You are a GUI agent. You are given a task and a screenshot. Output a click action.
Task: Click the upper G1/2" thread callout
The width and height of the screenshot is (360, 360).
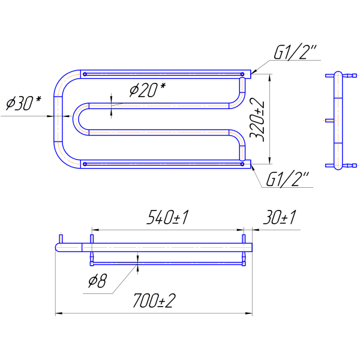click(295, 52)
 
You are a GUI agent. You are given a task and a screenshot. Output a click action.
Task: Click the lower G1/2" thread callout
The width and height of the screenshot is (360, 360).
click(287, 179)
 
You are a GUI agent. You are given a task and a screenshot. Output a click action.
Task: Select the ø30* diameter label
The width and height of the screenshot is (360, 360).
click(23, 103)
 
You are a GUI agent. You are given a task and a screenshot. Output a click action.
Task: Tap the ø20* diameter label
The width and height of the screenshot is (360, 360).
click(148, 90)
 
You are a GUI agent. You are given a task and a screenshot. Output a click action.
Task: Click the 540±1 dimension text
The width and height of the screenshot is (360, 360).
click(167, 217)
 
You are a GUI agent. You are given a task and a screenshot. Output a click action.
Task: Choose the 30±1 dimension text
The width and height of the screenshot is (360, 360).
click(280, 217)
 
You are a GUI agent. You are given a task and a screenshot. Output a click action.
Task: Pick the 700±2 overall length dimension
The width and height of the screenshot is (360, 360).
click(154, 301)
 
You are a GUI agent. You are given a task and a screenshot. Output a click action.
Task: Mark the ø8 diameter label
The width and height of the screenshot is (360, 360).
click(97, 281)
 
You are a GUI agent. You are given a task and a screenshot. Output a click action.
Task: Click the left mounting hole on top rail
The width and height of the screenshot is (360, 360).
click(85, 74)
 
